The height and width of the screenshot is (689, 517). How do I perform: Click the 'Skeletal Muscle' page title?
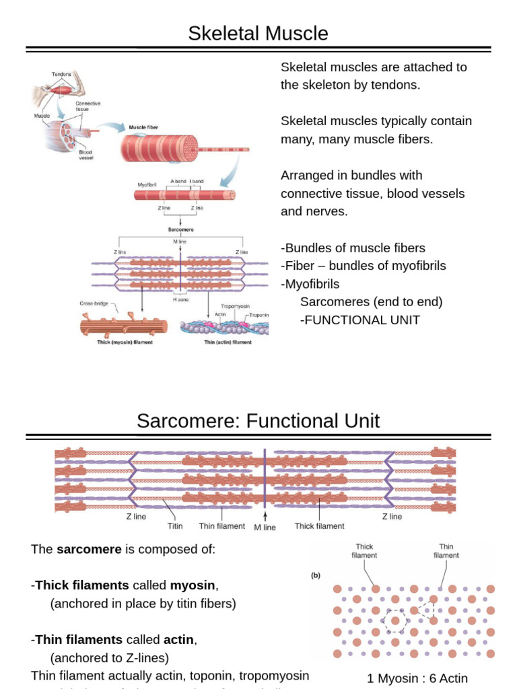pyautogui.click(x=258, y=33)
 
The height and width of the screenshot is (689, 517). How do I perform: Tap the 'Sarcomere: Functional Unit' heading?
pyautogui.click(x=258, y=421)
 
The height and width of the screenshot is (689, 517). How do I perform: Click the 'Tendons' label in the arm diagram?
pyautogui.click(x=61, y=74)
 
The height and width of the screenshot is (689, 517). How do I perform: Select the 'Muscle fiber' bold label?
pyautogui.click(x=143, y=126)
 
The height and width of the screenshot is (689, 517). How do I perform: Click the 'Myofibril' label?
pyautogui.click(x=147, y=184)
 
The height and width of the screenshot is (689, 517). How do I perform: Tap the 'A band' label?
pyautogui.click(x=178, y=181)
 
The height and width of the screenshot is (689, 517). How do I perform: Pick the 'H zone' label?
pyautogui.click(x=180, y=299)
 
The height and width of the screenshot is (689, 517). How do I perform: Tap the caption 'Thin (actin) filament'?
pyautogui.click(x=228, y=342)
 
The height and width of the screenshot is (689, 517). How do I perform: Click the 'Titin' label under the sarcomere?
pyautogui.click(x=175, y=527)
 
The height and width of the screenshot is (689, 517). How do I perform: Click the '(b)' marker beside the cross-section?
pyautogui.click(x=314, y=575)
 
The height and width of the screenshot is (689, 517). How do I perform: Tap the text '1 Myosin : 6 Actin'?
pyautogui.click(x=417, y=678)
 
